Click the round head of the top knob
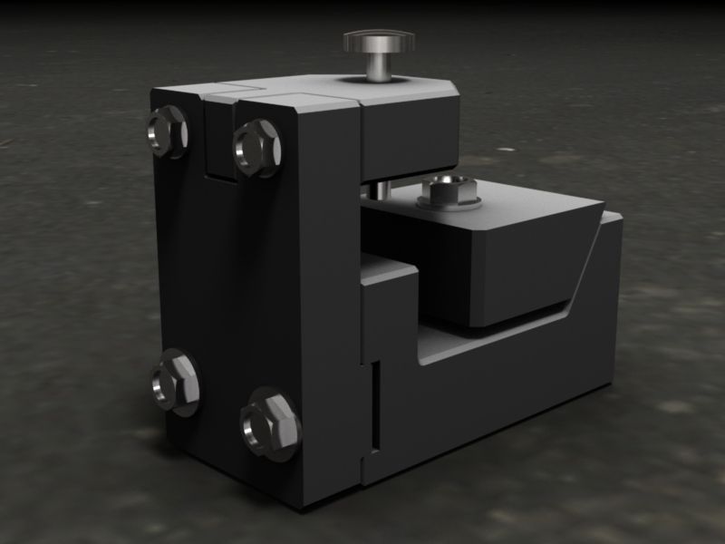(379, 41)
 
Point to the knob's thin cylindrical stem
(377, 66)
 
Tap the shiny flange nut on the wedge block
(448, 189)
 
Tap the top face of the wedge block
(517, 205)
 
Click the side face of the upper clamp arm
(408, 136)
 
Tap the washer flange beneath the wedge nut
(448, 203)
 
